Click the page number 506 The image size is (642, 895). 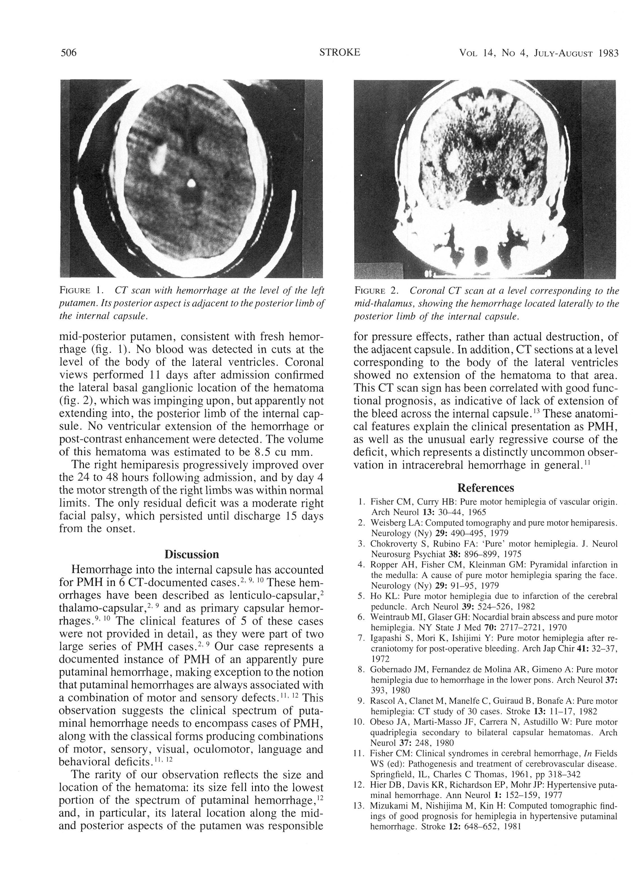(68, 53)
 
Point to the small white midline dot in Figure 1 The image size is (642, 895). (191, 182)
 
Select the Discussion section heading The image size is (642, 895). (191, 555)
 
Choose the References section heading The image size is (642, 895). (485, 488)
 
